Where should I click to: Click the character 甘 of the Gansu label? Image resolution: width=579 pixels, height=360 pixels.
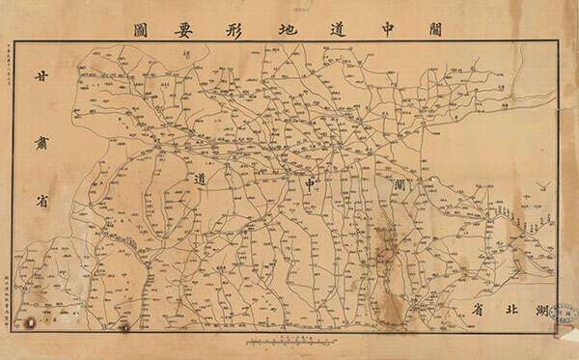pos(40,80)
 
